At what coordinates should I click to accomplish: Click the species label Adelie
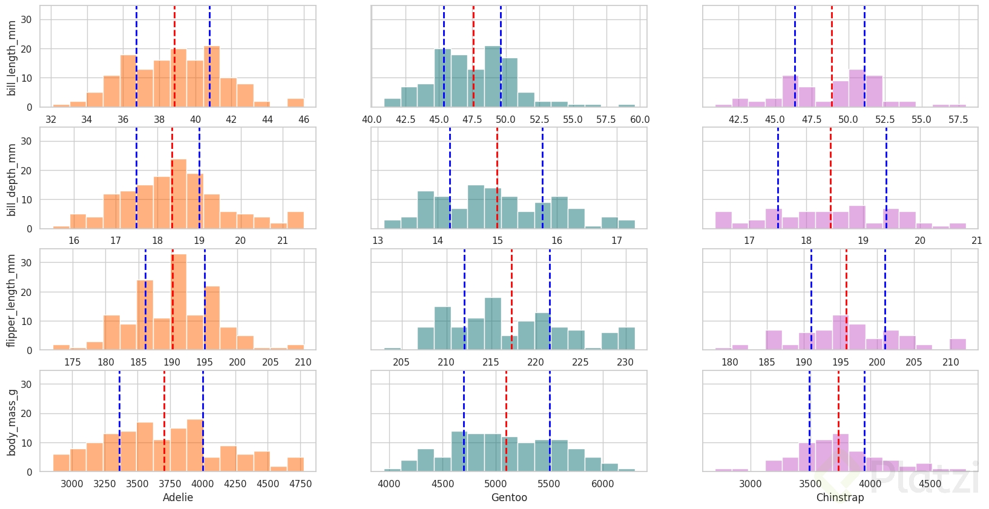pos(178,498)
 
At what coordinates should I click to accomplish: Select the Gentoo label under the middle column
pos(509,498)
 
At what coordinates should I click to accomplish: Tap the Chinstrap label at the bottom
pos(840,498)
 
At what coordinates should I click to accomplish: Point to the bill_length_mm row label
pos(12,57)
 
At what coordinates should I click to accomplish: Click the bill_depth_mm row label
pos(12,180)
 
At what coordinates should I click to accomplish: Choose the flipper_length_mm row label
pos(12,300)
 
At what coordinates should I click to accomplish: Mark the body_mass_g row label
pos(12,422)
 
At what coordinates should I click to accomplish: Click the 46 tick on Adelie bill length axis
pos(304,119)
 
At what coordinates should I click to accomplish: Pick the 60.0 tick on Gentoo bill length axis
pos(640,119)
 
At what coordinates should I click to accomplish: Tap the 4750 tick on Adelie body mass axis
pos(300,484)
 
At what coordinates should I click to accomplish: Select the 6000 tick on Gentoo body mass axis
pos(602,484)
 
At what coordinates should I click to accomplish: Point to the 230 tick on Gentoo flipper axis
pos(625,362)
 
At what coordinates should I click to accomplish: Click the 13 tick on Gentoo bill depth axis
pos(378,240)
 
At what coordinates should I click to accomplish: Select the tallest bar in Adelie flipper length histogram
pos(179,303)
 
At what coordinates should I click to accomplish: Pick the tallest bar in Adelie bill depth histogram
pos(179,194)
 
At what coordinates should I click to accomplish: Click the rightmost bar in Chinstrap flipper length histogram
pos(958,344)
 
